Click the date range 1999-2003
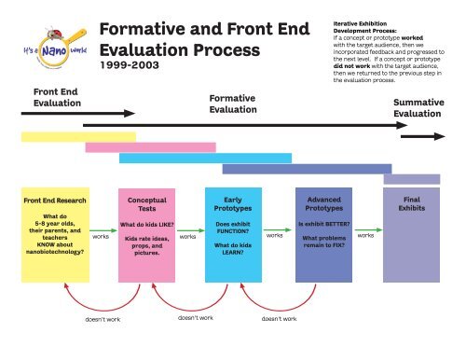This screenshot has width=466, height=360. (x=130, y=67)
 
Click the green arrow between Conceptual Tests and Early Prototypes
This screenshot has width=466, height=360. (x=187, y=228)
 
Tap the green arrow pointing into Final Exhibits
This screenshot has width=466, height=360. (x=366, y=228)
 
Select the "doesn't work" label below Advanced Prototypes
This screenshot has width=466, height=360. (x=280, y=318)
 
